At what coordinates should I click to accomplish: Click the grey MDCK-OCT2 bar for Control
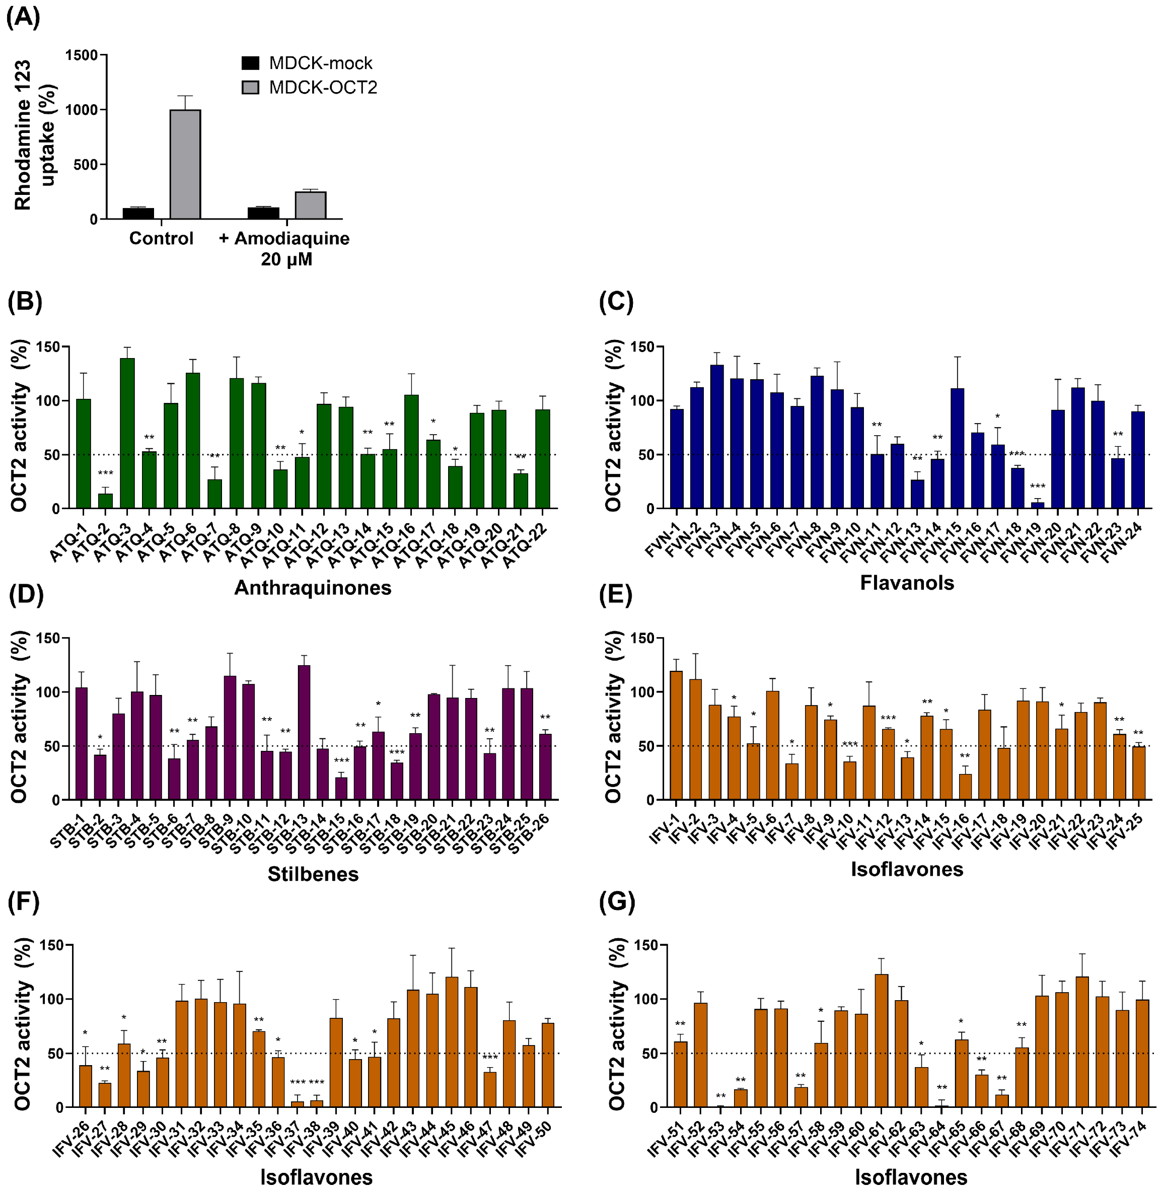coord(185,164)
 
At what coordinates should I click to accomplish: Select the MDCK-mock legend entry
coord(307,63)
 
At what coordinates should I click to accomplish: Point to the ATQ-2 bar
coord(105,501)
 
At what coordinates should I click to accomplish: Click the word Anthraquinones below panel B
coord(313,587)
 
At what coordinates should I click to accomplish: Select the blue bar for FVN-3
coord(717,436)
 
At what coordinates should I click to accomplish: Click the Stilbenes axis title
coord(313,874)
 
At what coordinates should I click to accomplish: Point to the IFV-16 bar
coord(965,787)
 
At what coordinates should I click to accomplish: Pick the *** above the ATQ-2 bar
coord(105,473)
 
